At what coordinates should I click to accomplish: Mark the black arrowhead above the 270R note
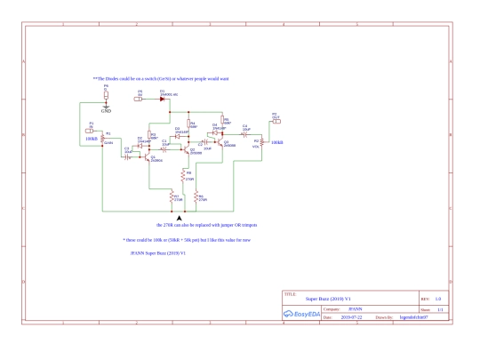coord(181,217)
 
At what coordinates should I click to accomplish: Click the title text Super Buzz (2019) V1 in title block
coord(328,298)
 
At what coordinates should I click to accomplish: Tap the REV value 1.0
coord(438,298)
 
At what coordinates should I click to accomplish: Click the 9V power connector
coord(139,100)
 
